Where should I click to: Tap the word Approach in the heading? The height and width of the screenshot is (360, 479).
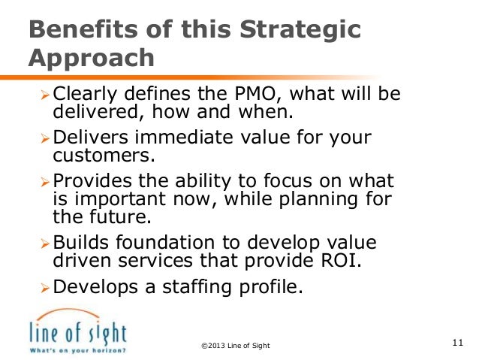91,58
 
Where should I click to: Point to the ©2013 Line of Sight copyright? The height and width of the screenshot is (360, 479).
236,345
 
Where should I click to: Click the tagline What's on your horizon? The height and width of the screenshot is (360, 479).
77,350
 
